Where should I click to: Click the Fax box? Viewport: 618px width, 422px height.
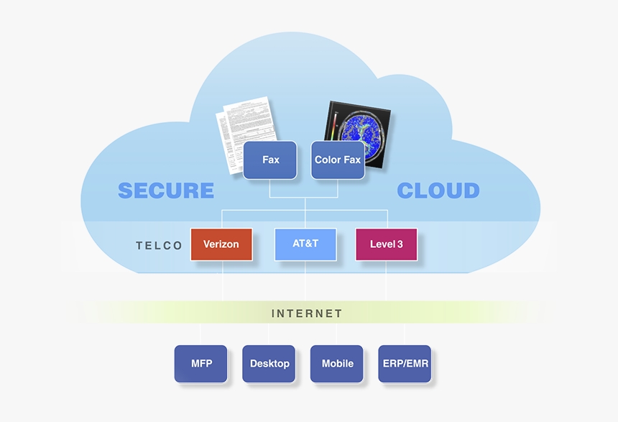(270, 160)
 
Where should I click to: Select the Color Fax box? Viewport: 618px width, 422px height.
(338, 160)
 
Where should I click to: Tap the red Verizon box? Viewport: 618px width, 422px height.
(221, 244)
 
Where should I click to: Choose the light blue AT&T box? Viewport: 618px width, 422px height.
(305, 244)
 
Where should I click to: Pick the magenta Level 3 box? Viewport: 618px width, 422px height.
(386, 244)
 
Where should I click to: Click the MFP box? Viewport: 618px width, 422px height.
(200, 363)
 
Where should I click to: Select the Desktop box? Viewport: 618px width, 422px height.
(269, 363)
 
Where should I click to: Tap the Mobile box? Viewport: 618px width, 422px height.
(337, 363)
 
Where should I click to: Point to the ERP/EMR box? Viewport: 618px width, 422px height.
(405, 363)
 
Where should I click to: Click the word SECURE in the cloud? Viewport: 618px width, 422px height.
(166, 191)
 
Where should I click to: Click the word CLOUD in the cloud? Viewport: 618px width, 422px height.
(438, 191)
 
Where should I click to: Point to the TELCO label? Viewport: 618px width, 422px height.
(160, 246)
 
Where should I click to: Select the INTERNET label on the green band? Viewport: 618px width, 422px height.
(307, 313)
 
